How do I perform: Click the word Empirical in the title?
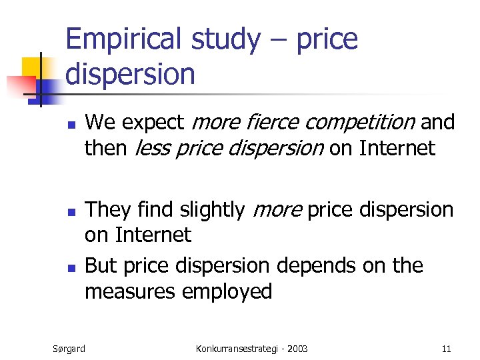coord(123,39)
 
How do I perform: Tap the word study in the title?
coord(225,39)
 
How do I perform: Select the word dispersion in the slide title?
coord(130,74)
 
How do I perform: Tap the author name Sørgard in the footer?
coord(69,348)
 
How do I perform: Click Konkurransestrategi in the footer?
coord(235,348)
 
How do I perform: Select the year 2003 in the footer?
coord(296,348)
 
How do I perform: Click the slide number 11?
coord(446,348)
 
